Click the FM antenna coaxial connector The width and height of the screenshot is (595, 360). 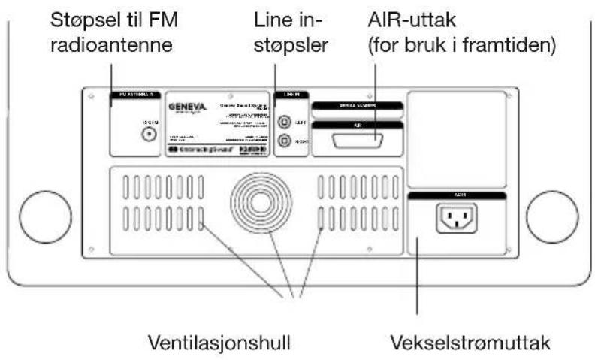[x=150, y=134]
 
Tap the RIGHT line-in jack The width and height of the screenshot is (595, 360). [x=285, y=141]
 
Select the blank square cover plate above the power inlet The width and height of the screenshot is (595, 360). [x=457, y=141]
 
